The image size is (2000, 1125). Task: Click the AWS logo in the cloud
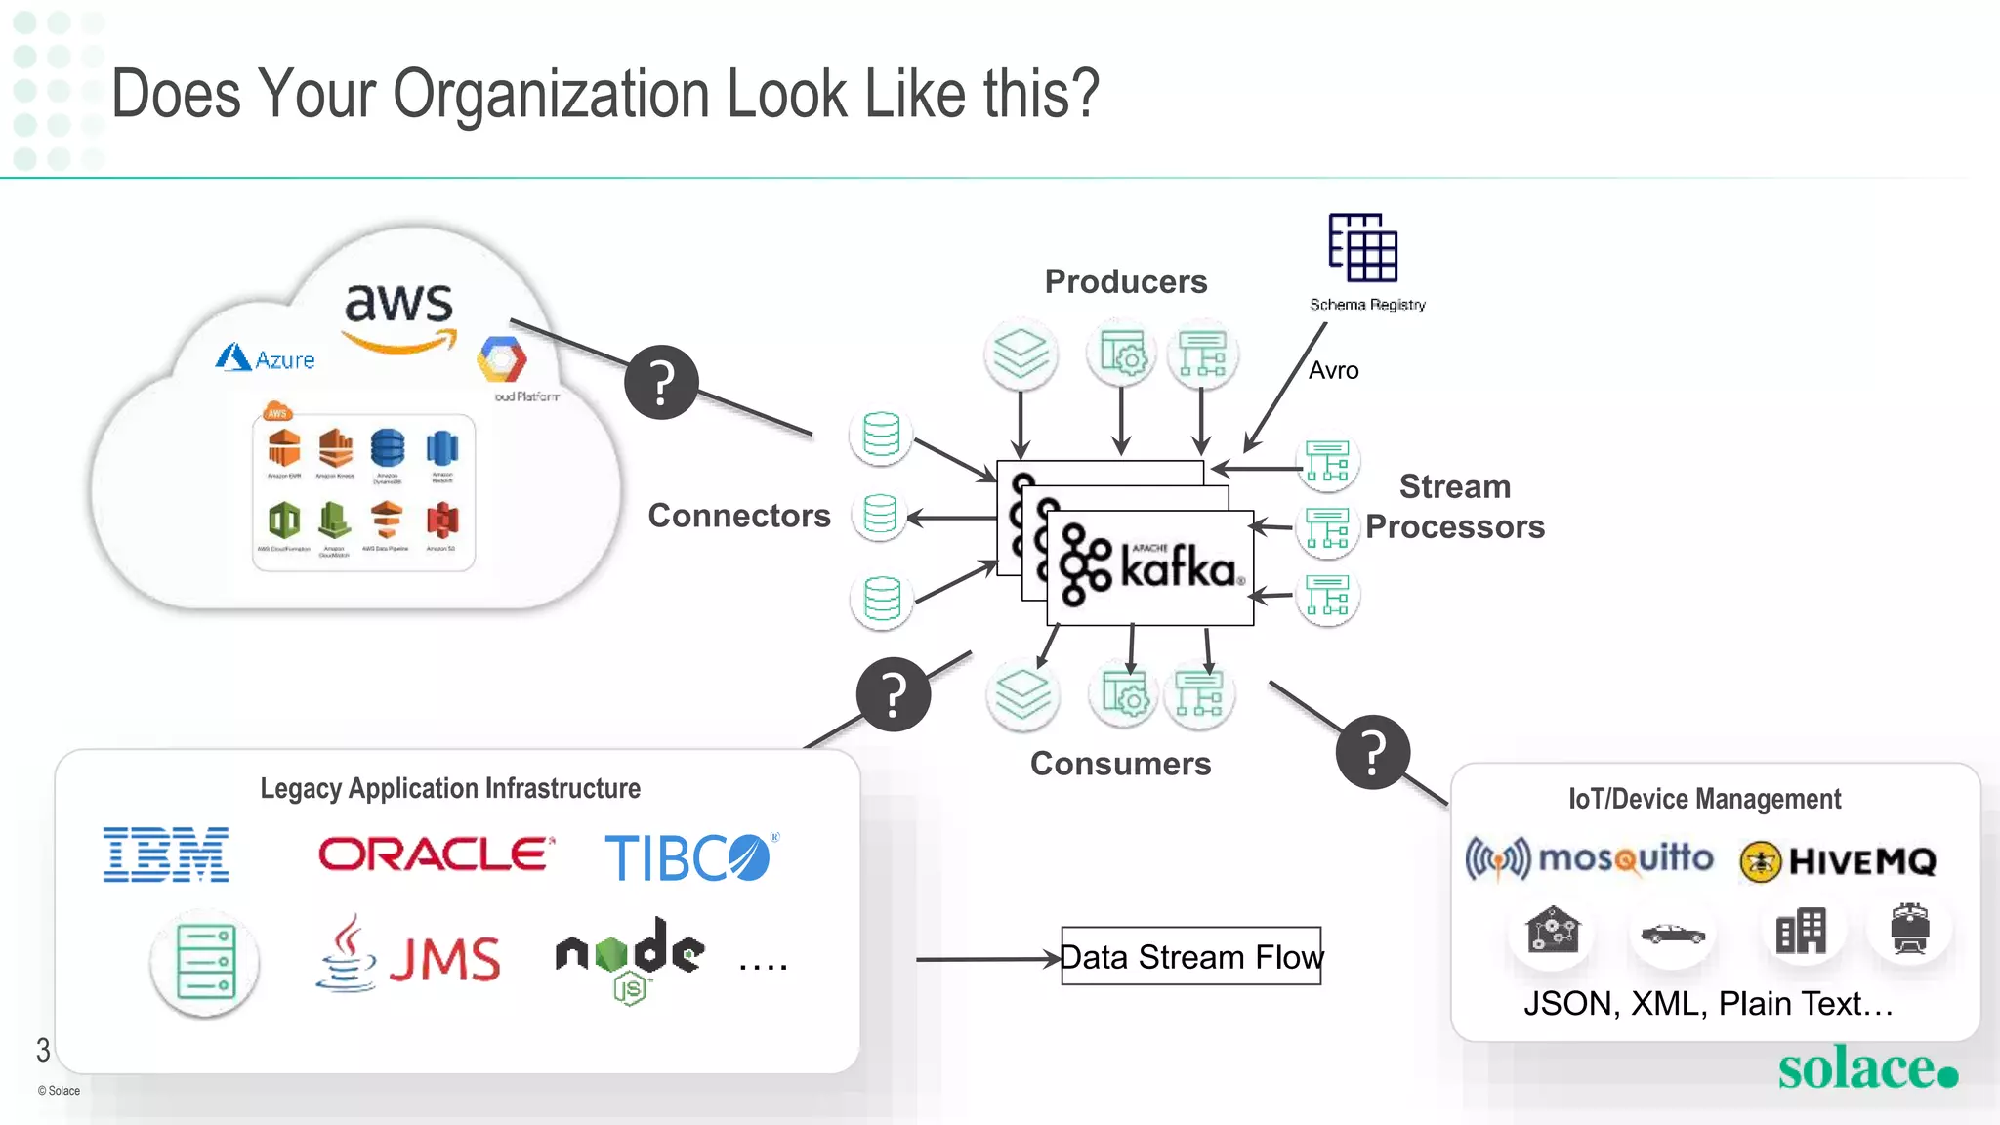coord(399,314)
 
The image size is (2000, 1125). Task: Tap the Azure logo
coord(266,358)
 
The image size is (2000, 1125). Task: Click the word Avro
coord(1333,371)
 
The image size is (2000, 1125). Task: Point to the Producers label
coord(1125,281)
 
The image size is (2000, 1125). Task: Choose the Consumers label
coord(1120,764)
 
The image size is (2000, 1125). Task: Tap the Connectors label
coord(739,516)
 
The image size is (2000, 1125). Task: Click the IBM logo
coord(166,854)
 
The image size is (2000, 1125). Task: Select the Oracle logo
coord(437,854)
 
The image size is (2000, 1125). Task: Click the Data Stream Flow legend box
coord(1190,956)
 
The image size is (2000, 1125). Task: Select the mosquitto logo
coord(1589,859)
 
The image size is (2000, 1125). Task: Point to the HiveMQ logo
coord(1838,861)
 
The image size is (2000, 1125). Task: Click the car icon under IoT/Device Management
coord(1673,934)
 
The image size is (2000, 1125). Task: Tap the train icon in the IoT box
coord(1909,928)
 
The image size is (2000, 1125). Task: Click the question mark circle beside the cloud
coord(661,382)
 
